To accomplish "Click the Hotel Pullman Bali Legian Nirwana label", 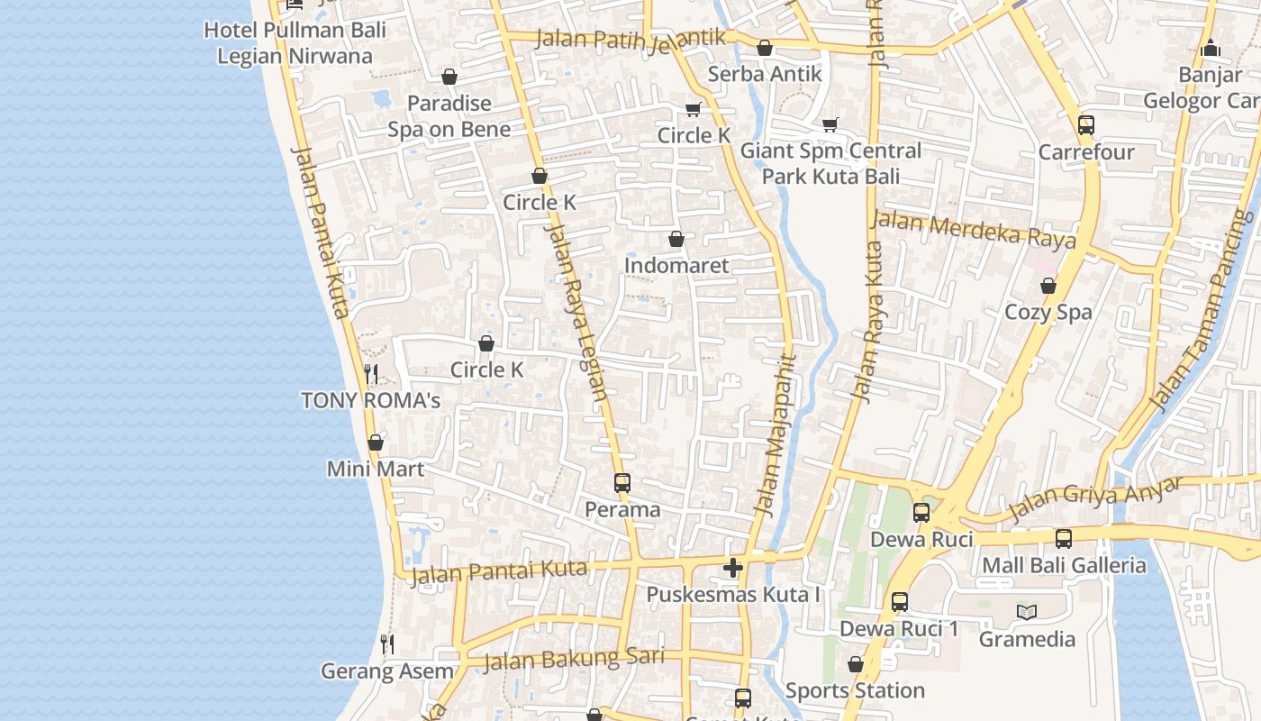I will [x=295, y=42].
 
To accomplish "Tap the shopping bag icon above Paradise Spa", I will [x=449, y=78].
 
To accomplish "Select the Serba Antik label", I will [x=765, y=74].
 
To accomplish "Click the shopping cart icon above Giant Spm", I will [x=830, y=124].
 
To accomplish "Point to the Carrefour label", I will [x=1086, y=152].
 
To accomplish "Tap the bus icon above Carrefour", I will [x=1086, y=125].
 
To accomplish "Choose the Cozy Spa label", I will [x=1048, y=312].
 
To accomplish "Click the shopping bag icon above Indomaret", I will [x=676, y=240].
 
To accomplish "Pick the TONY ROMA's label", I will [x=370, y=400].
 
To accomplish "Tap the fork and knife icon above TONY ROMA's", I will [x=370, y=373].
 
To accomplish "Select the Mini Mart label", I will [x=375, y=469].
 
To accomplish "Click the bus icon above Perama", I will [x=622, y=483].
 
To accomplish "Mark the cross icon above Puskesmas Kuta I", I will [x=733, y=568].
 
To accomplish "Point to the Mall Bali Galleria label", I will [x=1064, y=566].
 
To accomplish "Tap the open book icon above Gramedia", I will [x=1027, y=613].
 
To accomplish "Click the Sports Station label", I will [x=855, y=691].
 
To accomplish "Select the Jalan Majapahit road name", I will [x=776, y=434].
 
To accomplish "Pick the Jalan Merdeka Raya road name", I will [x=974, y=229].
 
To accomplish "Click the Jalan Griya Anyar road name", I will [x=1094, y=498].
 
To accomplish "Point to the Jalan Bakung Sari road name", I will [x=574, y=660].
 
